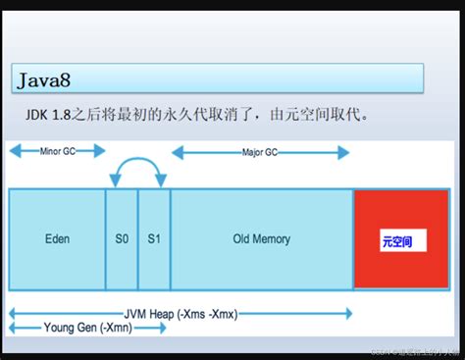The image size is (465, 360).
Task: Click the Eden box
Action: coord(57,238)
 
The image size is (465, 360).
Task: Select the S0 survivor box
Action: coord(122,238)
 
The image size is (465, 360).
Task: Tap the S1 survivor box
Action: coord(154,238)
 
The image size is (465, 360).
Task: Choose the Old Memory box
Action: coord(261,238)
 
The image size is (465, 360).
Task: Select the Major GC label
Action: coord(260,152)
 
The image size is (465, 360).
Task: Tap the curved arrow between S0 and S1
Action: coord(137,167)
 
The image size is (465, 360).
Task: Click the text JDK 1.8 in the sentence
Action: coord(50,116)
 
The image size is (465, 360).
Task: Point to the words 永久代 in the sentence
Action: coord(188,116)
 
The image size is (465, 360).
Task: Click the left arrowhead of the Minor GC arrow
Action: coord(12,152)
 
